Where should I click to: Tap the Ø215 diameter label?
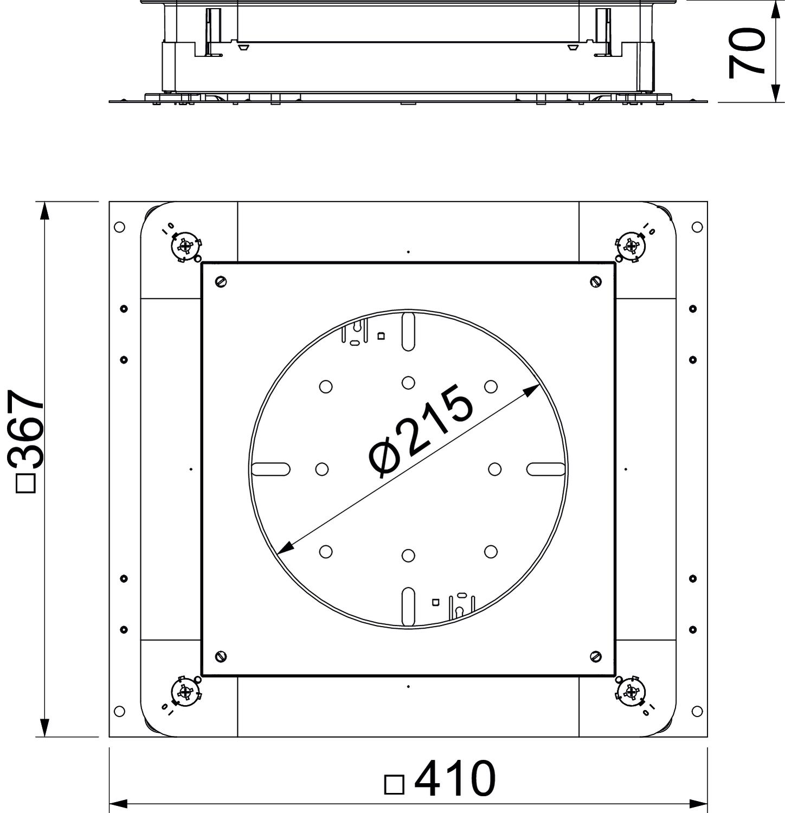(x=420, y=431)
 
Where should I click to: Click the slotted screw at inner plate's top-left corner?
(x=221, y=281)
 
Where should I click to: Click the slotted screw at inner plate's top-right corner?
(x=596, y=281)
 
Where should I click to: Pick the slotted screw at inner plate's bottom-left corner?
(x=221, y=656)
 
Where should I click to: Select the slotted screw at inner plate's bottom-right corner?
(x=596, y=656)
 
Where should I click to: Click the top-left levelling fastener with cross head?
(x=186, y=247)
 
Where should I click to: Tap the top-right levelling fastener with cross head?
(x=631, y=247)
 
